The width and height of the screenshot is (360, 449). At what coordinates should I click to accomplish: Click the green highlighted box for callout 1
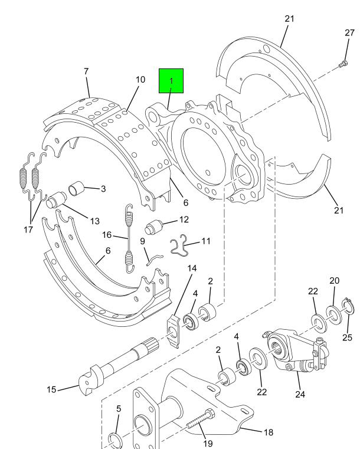(171, 81)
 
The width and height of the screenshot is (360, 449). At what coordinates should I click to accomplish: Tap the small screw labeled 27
(343, 64)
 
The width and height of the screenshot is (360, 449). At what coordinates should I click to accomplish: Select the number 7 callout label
(86, 71)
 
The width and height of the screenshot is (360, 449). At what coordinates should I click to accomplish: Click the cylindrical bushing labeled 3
(77, 188)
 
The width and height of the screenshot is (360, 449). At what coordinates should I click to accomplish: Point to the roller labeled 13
(57, 199)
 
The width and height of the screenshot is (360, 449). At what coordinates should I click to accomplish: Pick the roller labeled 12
(154, 227)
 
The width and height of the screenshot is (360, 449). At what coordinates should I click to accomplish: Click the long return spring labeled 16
(129, 238)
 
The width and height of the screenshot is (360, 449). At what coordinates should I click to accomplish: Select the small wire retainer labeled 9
(155, 259)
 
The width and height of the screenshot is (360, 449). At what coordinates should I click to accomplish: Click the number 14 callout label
(192, 268)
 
